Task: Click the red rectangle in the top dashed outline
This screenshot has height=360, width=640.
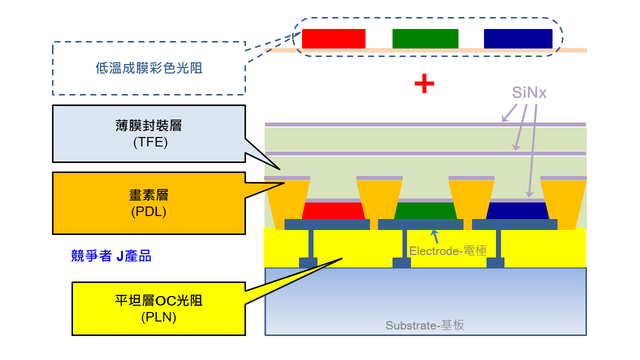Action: (333, 38)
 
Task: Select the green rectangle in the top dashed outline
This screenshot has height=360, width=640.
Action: (425, 38)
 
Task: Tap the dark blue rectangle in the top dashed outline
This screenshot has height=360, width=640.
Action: (517, 38)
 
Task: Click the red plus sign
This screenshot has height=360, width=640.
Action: (424, 83)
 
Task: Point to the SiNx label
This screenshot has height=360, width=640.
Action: (529, 92)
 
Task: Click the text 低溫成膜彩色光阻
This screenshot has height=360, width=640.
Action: (149, 68)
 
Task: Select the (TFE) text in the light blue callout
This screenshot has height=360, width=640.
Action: (150, 142)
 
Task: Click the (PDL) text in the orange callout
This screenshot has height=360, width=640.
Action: (148, 211)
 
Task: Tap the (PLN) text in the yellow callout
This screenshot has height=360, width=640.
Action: (158, 317)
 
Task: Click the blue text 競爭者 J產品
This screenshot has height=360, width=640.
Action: (111, 255)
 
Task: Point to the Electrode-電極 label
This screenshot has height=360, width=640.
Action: (447, 251)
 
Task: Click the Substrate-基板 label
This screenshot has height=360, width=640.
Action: (425, 325)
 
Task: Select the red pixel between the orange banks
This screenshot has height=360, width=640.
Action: (333, 211)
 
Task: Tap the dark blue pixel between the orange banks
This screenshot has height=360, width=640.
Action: (517, 211)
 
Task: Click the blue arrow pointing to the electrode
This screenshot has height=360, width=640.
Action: (435, 236)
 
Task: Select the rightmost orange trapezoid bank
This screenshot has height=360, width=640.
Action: (563, 205)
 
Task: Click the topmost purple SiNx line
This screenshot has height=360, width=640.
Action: (425, 124)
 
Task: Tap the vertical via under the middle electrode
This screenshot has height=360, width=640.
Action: (404, 244)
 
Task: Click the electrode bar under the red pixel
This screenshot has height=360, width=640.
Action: (327, 224)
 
